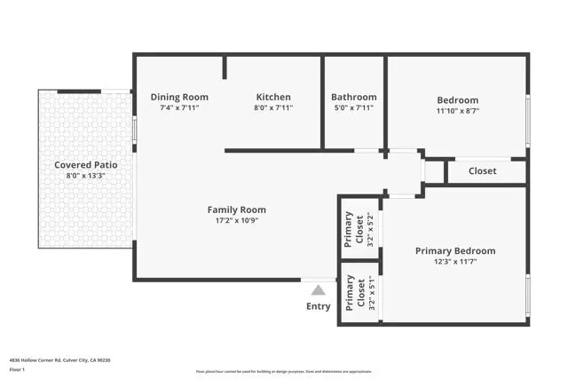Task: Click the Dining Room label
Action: [179, 97]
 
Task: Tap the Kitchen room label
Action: [273, 97]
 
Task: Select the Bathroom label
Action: [353, 97]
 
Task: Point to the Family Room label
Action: [237, 209]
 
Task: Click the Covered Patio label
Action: [85, 164]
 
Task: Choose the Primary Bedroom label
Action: [455, 251]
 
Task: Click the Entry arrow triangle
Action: [318, 289]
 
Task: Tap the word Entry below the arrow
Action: [318, 306]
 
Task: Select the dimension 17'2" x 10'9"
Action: [237, 221]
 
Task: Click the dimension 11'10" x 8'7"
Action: [457, 112]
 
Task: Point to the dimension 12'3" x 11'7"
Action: [455, 263]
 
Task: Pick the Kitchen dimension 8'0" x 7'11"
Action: [273, 107]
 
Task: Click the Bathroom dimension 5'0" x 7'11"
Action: [353, 107]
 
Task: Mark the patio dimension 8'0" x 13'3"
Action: [85, 176]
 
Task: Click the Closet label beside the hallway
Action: [482, 170]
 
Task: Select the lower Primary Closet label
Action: [350, 294]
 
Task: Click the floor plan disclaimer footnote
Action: [284, 371]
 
